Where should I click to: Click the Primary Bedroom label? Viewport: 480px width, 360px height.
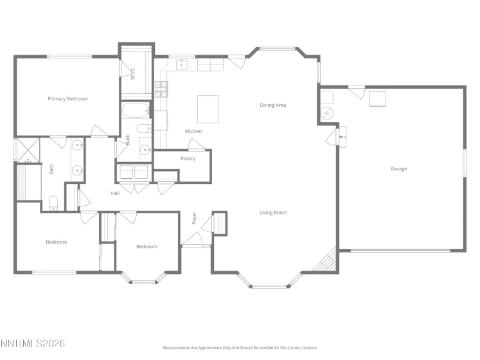coord(67,99)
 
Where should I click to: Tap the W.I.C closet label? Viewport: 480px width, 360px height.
coord(132,74)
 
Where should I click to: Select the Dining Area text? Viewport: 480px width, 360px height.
coord(272,105)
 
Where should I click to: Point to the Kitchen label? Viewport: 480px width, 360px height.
coord(193,131)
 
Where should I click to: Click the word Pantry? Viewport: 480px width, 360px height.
coord(188,158)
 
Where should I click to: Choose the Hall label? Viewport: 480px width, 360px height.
coord(116,193)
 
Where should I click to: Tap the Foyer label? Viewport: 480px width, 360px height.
coord(194,218)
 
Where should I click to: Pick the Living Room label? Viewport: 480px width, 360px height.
coord(273,212)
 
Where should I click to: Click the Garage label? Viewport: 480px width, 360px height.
coord(398,168)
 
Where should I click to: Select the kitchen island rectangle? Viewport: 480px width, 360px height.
coord(208,109)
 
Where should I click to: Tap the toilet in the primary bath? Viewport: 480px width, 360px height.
coord(53,203)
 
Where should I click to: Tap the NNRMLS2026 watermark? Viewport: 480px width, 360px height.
coord(33,344)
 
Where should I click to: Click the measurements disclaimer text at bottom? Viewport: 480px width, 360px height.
coord(240,347)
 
